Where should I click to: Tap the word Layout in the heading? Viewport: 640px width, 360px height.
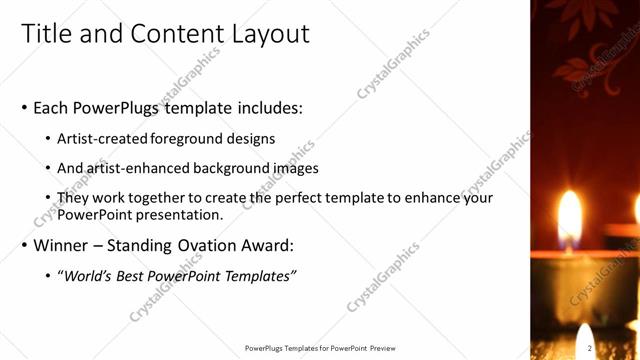[264, 34]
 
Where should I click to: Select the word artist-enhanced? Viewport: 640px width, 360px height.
[133, 168]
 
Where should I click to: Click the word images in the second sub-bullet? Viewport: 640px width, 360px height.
[296, 168]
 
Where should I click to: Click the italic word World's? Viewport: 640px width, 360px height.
[87, 276]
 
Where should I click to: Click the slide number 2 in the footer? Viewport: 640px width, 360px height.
[590, 348]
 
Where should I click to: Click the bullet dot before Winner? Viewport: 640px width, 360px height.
[25, 246]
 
